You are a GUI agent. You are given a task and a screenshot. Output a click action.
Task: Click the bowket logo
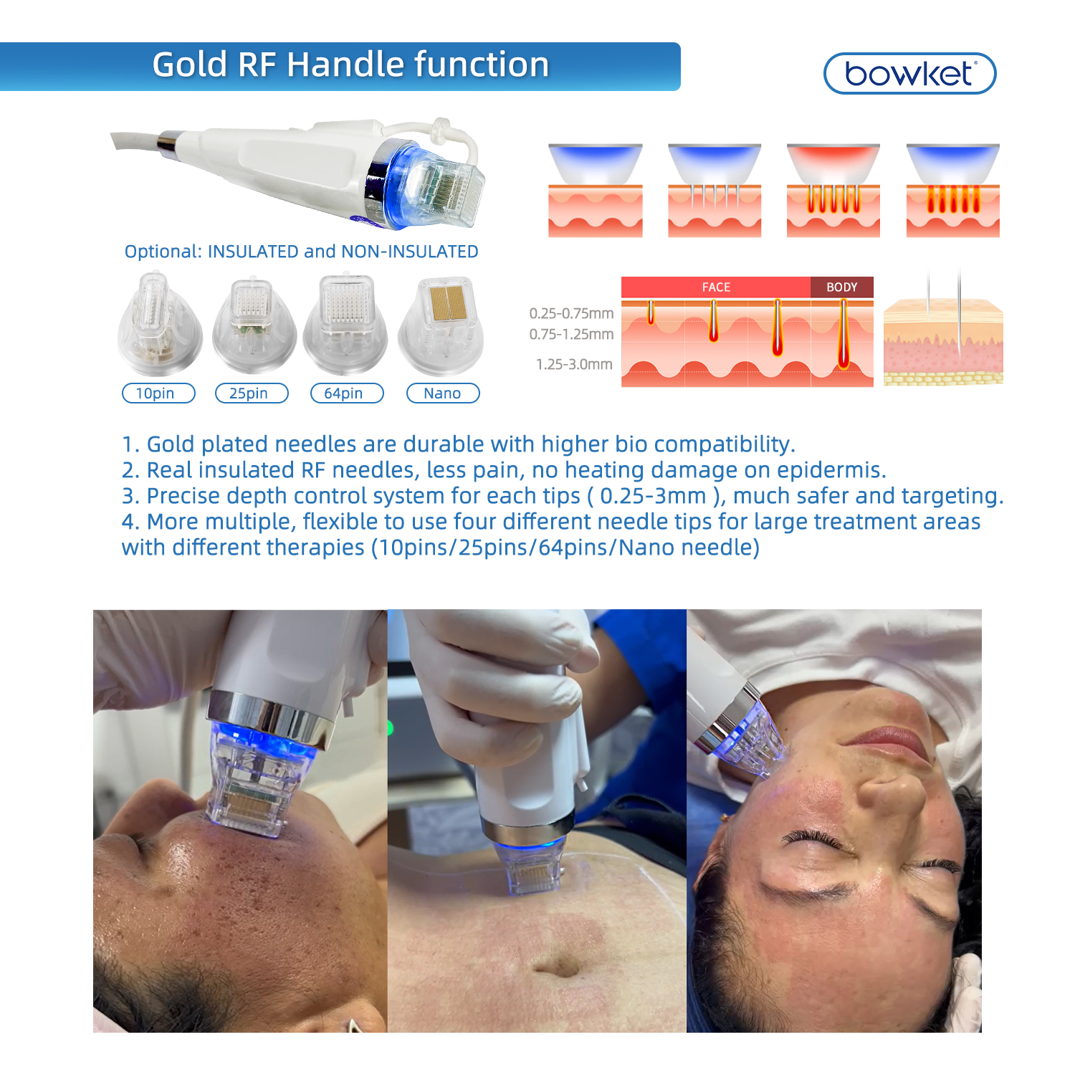pyautogui.click(x=909, y=73)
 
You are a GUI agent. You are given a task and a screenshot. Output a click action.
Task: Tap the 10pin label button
pyautogui.click(x=158, y=393)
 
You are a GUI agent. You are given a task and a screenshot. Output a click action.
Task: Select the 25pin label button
pyautogui.click(x=252, y=393)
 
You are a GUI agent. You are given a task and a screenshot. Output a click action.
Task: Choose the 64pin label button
pyautogui.click(x=347, y=393)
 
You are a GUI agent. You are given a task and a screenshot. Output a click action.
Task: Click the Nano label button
pyautogui.click(x=442, y=393)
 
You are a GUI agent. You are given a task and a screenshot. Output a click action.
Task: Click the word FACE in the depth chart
pyautogui.click(x=716, y=287)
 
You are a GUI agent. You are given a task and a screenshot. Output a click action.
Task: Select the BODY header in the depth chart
pyautogui.click(x=841, y=287)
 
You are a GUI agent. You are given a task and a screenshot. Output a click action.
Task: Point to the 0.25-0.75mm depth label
pyautogui.click(x=571, y=313)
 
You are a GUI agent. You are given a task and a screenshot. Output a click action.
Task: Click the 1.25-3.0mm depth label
pyautogui.click(x=574, y=364)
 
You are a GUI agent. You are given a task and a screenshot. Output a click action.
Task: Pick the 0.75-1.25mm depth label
pyautogui.click(x=571, y=334)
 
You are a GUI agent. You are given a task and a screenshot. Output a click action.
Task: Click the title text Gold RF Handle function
pyautogui.click(x=350, y=64)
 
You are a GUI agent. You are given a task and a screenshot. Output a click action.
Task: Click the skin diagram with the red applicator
pyautogui.click(x=833, y=190)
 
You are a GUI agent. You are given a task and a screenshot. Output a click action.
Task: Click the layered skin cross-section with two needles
pyautogui.click(x=943, y=330)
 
